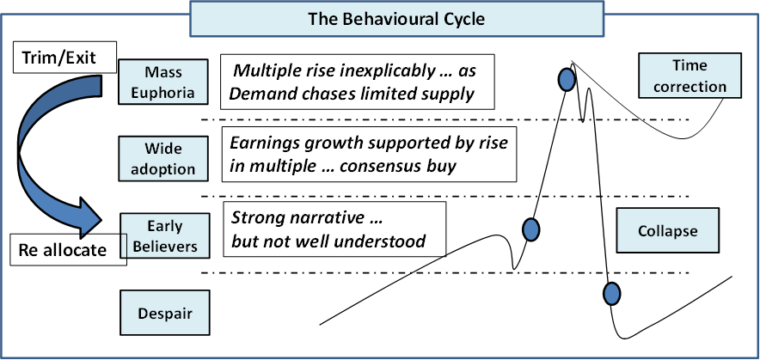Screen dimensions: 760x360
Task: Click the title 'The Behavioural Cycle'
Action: pyautogui.click(x=396, y=19)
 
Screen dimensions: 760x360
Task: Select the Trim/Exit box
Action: pyautogui.click(x=65, y=58)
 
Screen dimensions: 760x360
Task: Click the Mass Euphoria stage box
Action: pyautogui.click(x=163, y=82)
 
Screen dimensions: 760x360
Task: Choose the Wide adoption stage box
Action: pyautogui.click(x=163, y=158)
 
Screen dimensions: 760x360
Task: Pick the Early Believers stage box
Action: pyautogui.click(x=165, y=236)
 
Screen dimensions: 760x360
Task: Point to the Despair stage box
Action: pyautogui.click(x=165, y=313)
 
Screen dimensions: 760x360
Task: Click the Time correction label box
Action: pyautogui.click(x=690, y=76)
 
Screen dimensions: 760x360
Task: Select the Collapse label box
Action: pyautogui.click(x=667, y=230)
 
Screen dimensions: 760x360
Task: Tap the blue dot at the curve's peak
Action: pyautogui.click(x=566, y=79)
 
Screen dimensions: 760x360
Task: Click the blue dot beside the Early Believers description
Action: pyautogui.click(x=531, y=229)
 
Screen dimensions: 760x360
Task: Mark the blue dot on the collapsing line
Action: pyautogui.click(x=611, y=293)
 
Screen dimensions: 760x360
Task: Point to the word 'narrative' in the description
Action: pyautogui.click(x=333, y=218)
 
